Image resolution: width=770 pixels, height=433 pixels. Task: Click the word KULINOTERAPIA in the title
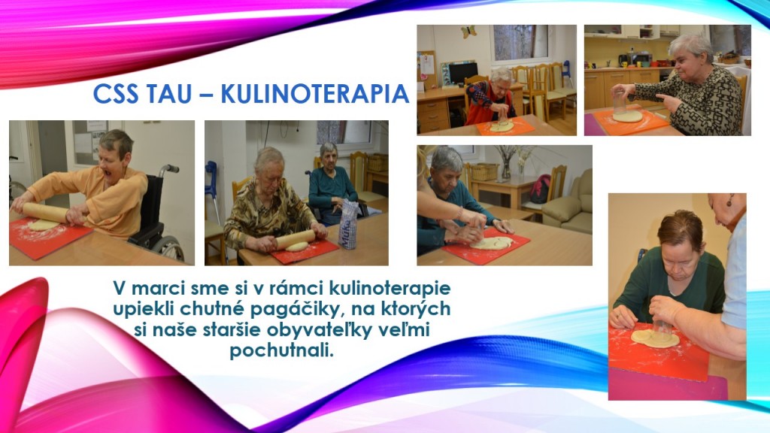click(x=315, y=94)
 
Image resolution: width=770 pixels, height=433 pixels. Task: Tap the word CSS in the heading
click(x=115, y=94)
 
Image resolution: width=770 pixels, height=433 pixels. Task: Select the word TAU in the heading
click(x=167, y=94)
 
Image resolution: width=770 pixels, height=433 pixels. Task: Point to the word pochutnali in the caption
click(x=281, y=350)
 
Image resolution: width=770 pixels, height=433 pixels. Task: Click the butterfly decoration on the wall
click(x=468, y=32)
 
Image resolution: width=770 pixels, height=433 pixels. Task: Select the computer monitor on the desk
click(x=462, y=73)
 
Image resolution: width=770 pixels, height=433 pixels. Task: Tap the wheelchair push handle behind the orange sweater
click(x=169, y=168)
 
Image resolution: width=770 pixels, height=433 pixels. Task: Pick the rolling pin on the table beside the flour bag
click(x=294, y=239)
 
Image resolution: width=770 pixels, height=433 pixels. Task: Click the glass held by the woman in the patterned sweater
click(x=620, y=102)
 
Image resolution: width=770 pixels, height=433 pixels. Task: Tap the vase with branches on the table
click(x=506, y=163)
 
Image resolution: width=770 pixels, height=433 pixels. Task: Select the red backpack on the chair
click(x=540, y=189)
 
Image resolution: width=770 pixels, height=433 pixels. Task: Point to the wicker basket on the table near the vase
click(x=484, y=171)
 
